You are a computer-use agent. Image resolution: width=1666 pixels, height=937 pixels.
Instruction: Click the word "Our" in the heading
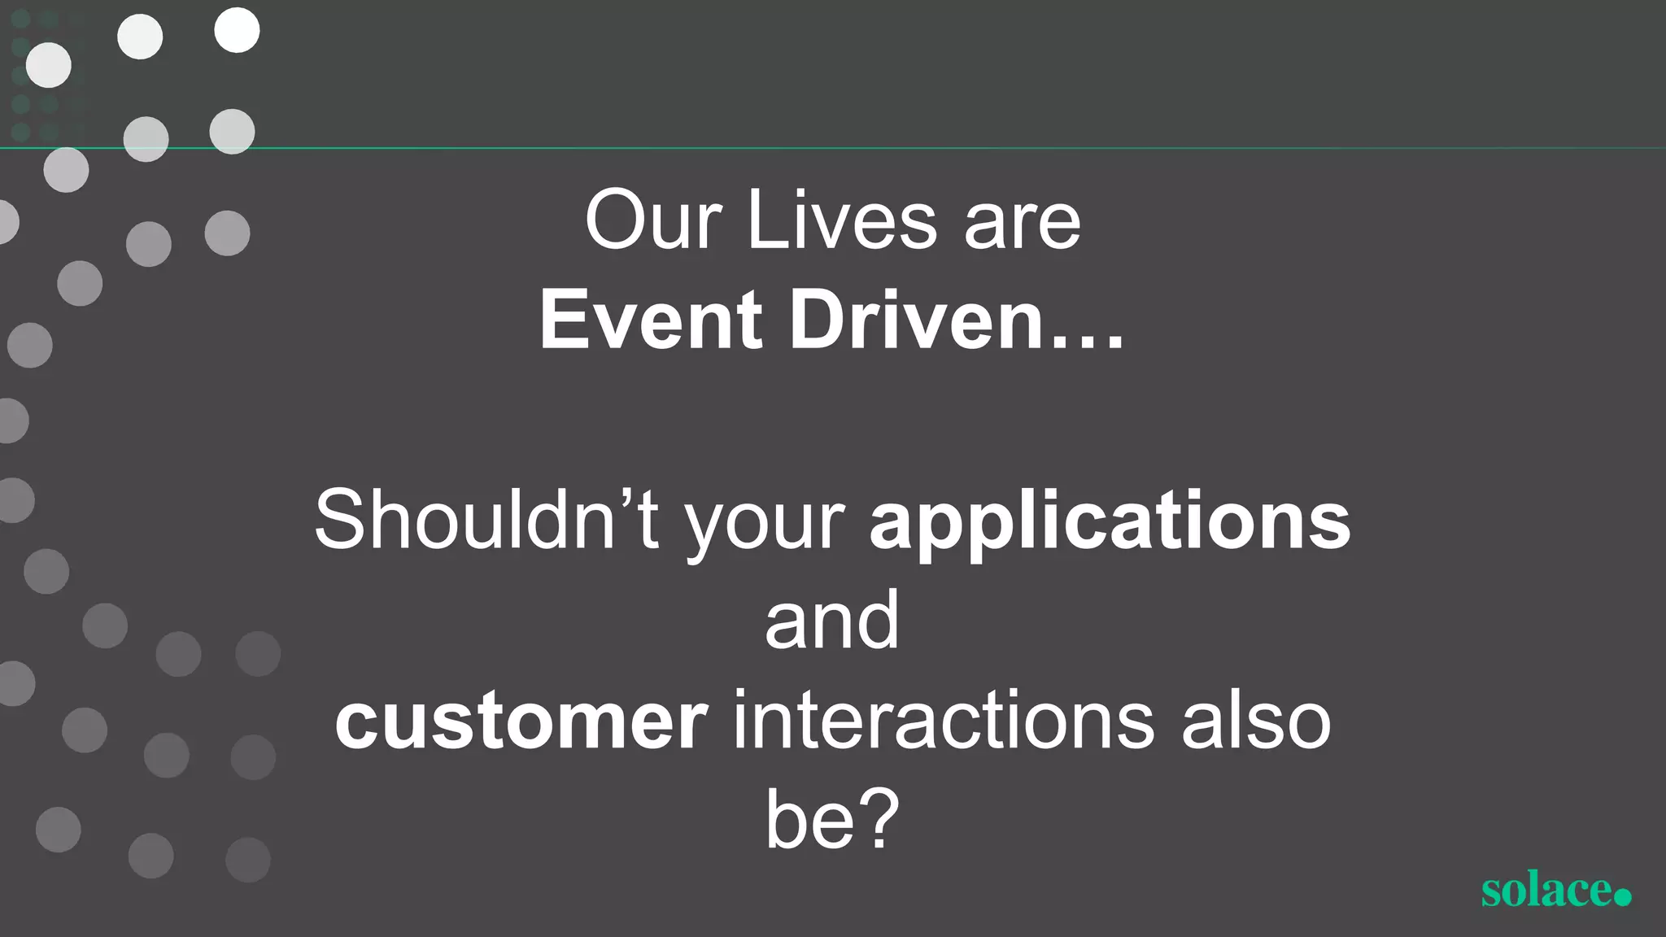[x=652, y=221]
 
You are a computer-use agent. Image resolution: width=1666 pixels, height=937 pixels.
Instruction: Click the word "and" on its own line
[x=831, y=621]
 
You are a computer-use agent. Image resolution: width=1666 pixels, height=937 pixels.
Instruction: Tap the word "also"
[x=1256, y=721]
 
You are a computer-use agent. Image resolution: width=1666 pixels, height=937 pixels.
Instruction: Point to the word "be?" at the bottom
[x=831, y=820]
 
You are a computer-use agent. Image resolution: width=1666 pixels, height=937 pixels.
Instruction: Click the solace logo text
[x=1546, y=891]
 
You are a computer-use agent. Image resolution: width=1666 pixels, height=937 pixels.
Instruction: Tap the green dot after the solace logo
[x=1622, y=896]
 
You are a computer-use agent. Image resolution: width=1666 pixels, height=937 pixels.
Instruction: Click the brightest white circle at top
[x=237, y=31]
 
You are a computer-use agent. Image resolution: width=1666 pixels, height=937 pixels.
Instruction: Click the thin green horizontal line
[x=976, y=148]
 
